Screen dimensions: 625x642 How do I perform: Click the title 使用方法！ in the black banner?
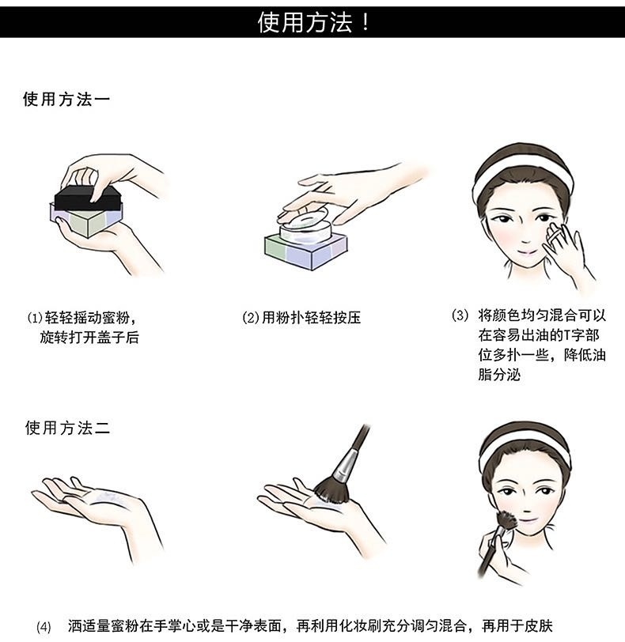[313, 22]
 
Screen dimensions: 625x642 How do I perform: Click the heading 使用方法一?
[66, 100]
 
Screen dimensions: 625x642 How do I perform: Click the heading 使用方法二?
[67, 428]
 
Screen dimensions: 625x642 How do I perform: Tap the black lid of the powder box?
[89, 198]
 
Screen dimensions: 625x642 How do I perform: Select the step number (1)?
[35, 318]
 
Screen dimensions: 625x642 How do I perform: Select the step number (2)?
[251, 318]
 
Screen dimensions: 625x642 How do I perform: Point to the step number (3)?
[460, 315]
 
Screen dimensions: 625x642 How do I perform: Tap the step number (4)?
[44, 627]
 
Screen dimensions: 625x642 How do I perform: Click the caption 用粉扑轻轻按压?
[311, 318]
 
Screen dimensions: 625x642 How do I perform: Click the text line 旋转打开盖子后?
[89, 338]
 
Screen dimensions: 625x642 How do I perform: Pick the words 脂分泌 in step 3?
[499, 375]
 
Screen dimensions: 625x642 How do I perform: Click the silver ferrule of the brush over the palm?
[344, 466]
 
